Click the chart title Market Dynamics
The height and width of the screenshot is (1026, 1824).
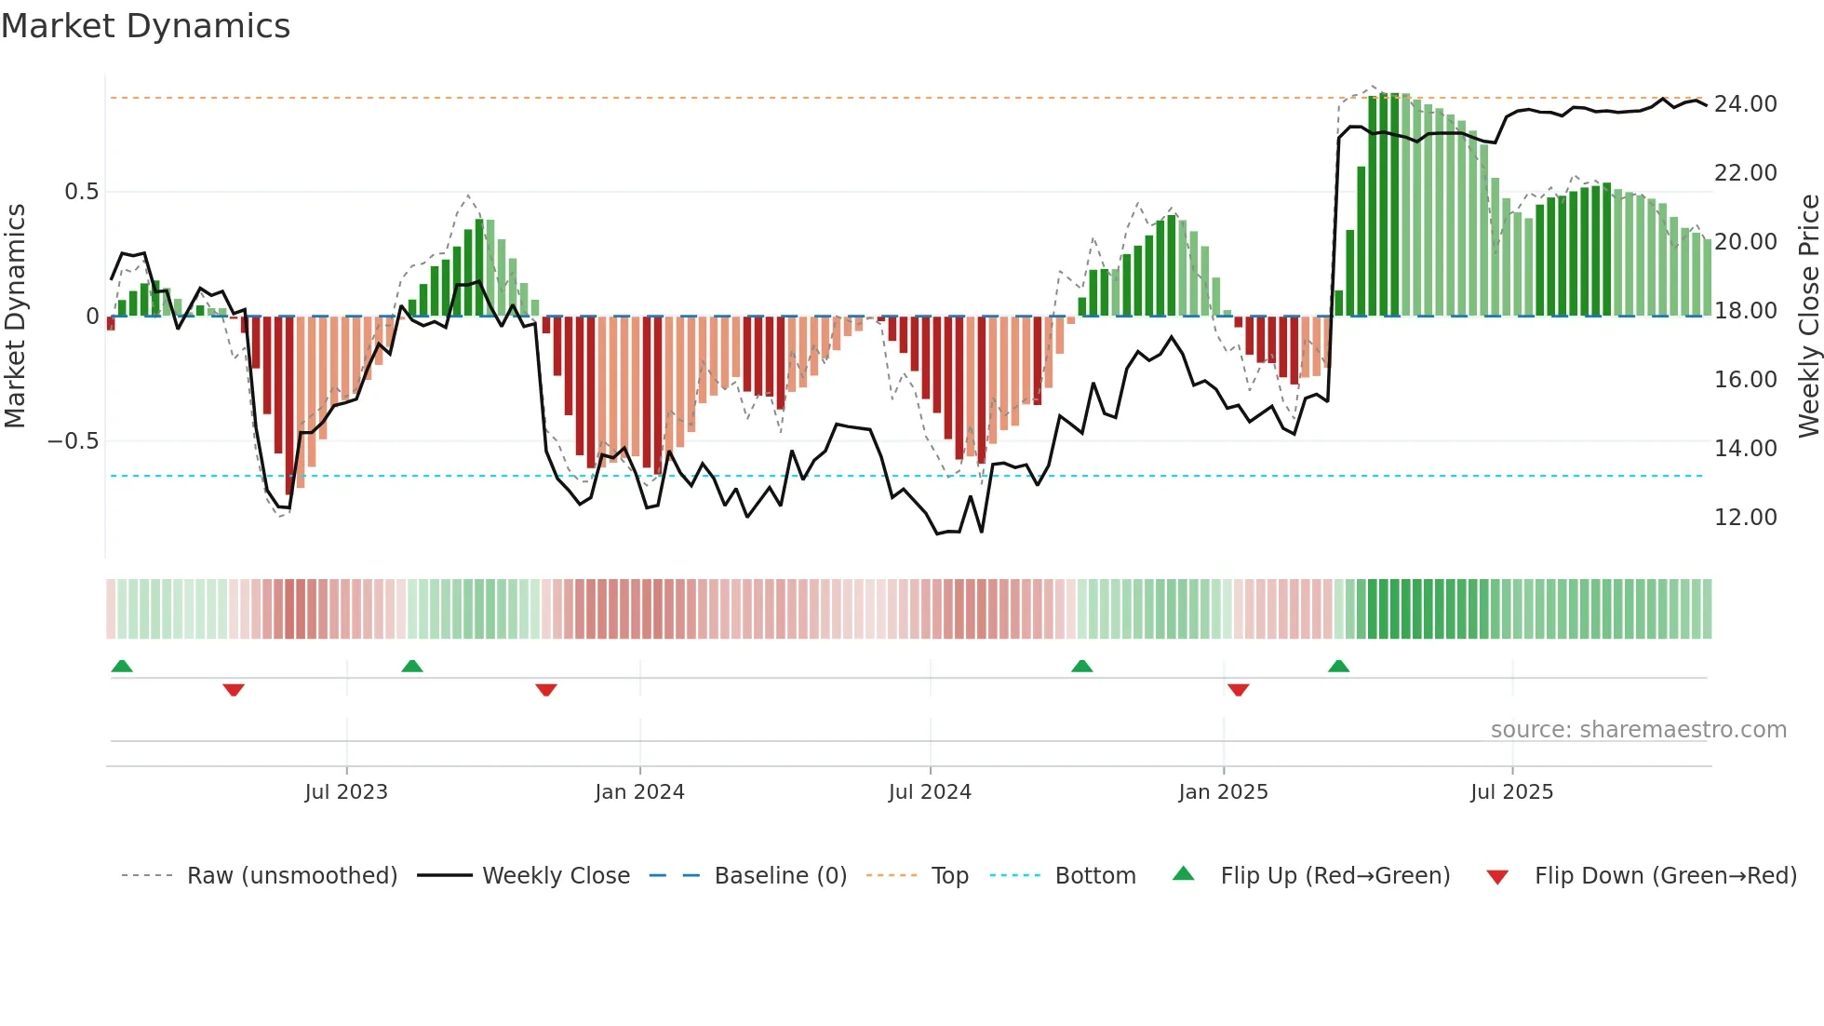(145, 26)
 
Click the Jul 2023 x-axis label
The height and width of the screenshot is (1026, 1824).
(346, 792)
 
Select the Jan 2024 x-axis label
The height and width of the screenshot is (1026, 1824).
(639, 792)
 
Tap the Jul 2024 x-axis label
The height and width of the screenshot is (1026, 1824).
(930, 792)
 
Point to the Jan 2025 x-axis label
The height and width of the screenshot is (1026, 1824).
(1223, 792)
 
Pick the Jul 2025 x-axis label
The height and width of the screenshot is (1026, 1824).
(1511, 792)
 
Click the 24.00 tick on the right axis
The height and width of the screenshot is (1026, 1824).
(1745, 104)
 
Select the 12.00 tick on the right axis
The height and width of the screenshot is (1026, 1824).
(1745, 518)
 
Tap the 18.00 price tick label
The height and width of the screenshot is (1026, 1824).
(1745, 311)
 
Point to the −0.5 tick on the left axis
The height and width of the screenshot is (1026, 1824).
(74, 441)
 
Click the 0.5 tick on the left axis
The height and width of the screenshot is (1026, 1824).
(81, 192)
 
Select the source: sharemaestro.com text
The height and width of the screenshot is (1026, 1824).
(1638, 730)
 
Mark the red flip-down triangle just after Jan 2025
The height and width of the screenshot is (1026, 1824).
(1238, 690)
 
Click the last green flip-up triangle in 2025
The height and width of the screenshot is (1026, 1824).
(1338, 666)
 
